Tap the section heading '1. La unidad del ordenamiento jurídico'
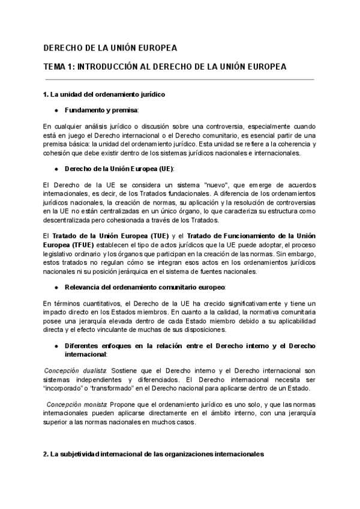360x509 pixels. click(x=104, y=95)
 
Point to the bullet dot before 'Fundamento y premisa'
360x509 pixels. click(x=56, y=111)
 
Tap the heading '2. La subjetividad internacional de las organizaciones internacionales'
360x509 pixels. click(x=153, y=455)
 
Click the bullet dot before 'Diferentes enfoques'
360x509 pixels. click(x=56, y=346)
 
